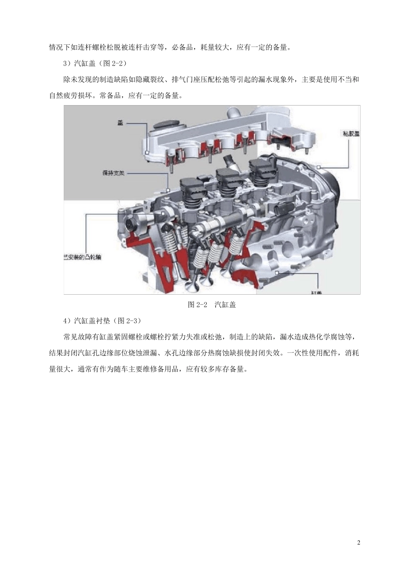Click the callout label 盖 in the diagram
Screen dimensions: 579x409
(x=121, y=123)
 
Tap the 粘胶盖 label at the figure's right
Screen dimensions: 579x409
(x=351, y=134)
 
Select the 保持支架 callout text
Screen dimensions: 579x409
(x=113, y=174)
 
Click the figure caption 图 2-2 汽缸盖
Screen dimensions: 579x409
(x=212, y=305)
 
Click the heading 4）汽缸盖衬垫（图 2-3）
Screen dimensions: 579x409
(x=102, y=321)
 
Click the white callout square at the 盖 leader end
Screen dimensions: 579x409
(x=147, y=152)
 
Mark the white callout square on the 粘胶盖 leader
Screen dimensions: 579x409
(x=319, y=167)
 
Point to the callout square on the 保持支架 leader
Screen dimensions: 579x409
(x=168, y=190)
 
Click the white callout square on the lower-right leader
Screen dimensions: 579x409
(x=278, y=273)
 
